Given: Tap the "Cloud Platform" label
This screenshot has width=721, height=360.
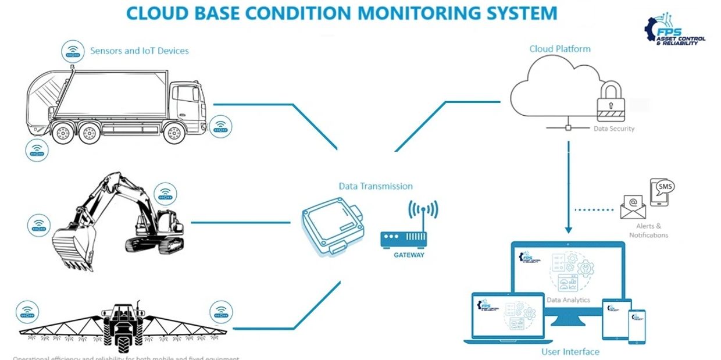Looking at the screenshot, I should (x=559, y=49).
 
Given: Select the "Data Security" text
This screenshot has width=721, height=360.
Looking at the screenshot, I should (x=614, y=129).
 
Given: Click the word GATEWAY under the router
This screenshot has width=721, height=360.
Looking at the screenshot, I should (x=409, y=255).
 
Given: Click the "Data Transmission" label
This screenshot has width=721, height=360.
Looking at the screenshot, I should (x=376, y=186).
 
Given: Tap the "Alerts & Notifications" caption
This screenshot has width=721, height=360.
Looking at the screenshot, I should (x=648, y=230).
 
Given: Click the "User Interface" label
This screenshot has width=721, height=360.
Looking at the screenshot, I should (x=570, y=351).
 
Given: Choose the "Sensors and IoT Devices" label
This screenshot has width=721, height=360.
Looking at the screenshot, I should (x=140, y=51).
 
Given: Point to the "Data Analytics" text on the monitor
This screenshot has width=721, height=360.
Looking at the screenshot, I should (x=568, y=300).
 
